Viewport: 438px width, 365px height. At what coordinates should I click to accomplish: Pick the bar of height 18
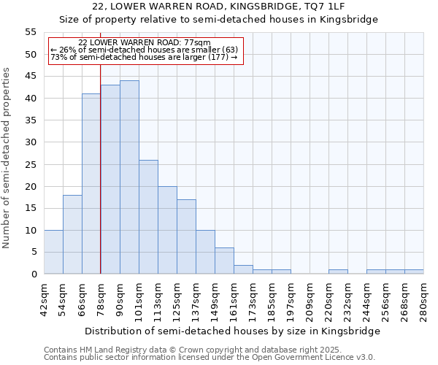(x=72, y=234)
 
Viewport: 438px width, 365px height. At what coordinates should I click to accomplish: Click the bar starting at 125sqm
(x=186, y=237)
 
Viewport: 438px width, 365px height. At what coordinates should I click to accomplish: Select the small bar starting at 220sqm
(x=338, y=272)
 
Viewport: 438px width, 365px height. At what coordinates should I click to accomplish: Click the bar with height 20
(x=167, y=230)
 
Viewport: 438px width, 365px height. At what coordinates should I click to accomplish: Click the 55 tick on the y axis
(x=31, y=32)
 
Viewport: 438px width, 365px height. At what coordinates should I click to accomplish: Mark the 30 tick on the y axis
(x=31, y=142)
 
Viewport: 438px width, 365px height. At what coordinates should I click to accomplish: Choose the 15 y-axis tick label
(x=31, y=208)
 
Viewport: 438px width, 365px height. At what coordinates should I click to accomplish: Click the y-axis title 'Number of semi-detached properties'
(x=7, y=158)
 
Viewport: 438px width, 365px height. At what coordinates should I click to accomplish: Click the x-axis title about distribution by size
(x=233, y=331)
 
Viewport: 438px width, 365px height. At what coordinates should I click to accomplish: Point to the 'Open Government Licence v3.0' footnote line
(x=210, y=357)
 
